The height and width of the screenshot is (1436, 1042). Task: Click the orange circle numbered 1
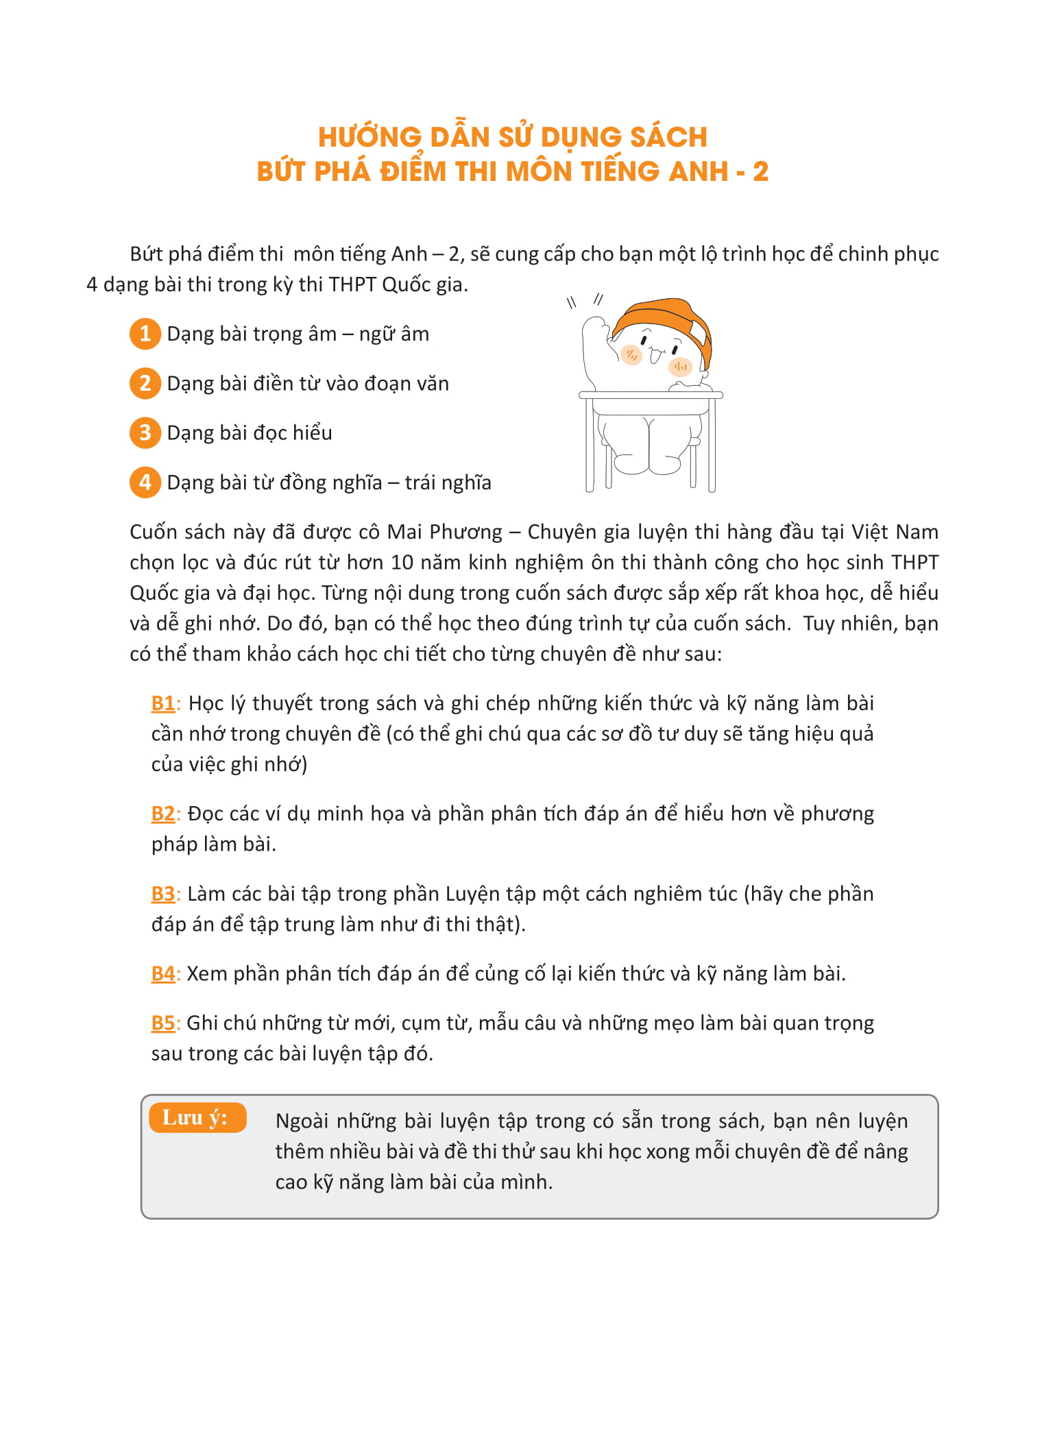coord(145,334)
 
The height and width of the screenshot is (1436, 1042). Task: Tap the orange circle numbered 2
coord(145,383)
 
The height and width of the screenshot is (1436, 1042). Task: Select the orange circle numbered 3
coord(145,433)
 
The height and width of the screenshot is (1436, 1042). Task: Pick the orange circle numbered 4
coord(145,482)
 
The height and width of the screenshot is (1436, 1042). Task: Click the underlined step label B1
coord(163,703)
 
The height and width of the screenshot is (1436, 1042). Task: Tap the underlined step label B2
coord(163,814)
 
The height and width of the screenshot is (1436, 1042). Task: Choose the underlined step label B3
coord(163,894)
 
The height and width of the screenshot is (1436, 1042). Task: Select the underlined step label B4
coord(163,973)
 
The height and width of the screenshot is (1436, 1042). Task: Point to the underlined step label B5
coord(163,1023)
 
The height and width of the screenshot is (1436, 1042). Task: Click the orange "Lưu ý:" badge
coord(197,1118)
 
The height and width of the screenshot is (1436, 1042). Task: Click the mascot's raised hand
coord(594,328)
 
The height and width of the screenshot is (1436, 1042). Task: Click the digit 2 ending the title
coord(760,172)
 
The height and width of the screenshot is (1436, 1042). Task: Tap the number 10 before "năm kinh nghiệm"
coord(402,562)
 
